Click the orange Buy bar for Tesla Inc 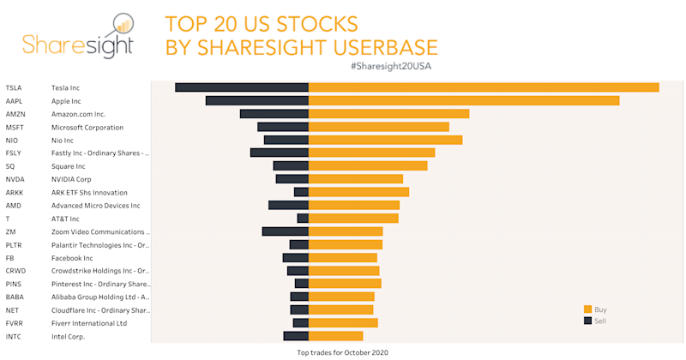pos(484,87)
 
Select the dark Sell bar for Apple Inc pos(257,101)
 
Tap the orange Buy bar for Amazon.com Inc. pos(388,114)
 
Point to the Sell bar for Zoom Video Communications pos(286,231)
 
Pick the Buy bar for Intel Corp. pos(336,336)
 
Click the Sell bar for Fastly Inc pos(280,153)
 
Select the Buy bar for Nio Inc pos(385,140)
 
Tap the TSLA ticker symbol pos(14,88)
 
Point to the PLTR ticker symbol pos(15,245)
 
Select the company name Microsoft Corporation pos(87,127)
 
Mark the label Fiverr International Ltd pos(89,323)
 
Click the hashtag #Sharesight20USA pos(385,67)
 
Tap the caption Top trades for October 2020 pos(342,351)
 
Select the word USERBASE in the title pos(371,45)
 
